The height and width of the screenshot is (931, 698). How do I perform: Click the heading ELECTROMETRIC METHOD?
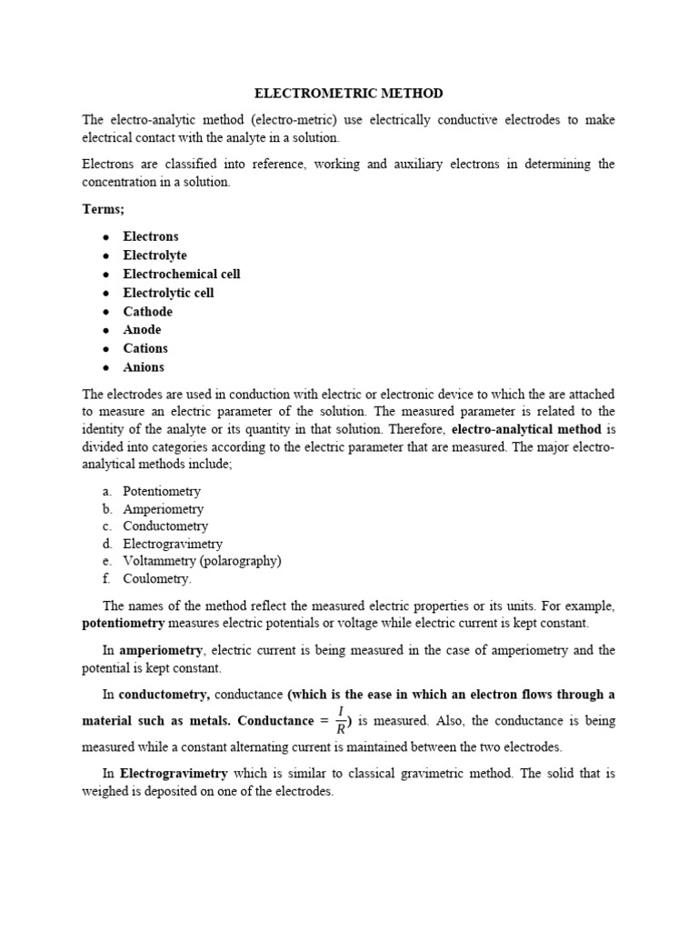tap(348, 94)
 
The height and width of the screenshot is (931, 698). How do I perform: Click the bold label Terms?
tap(104, 209)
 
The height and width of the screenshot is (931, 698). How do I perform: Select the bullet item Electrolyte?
tap(155, 255)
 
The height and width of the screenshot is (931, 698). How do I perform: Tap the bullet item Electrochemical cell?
tap(182, 274)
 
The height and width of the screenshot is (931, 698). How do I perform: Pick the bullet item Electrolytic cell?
tap(168, 293)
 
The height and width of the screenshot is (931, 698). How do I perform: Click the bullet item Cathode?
tap(147, 311)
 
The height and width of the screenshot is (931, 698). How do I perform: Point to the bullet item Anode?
tap(142, 330)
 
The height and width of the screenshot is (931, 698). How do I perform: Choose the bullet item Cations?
tap(145, 348)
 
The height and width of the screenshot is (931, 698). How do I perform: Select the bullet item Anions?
tap(144, 367)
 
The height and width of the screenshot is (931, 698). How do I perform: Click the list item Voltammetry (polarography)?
tap(202, 561)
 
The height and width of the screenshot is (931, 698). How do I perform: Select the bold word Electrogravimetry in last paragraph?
tap(174, 774)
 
